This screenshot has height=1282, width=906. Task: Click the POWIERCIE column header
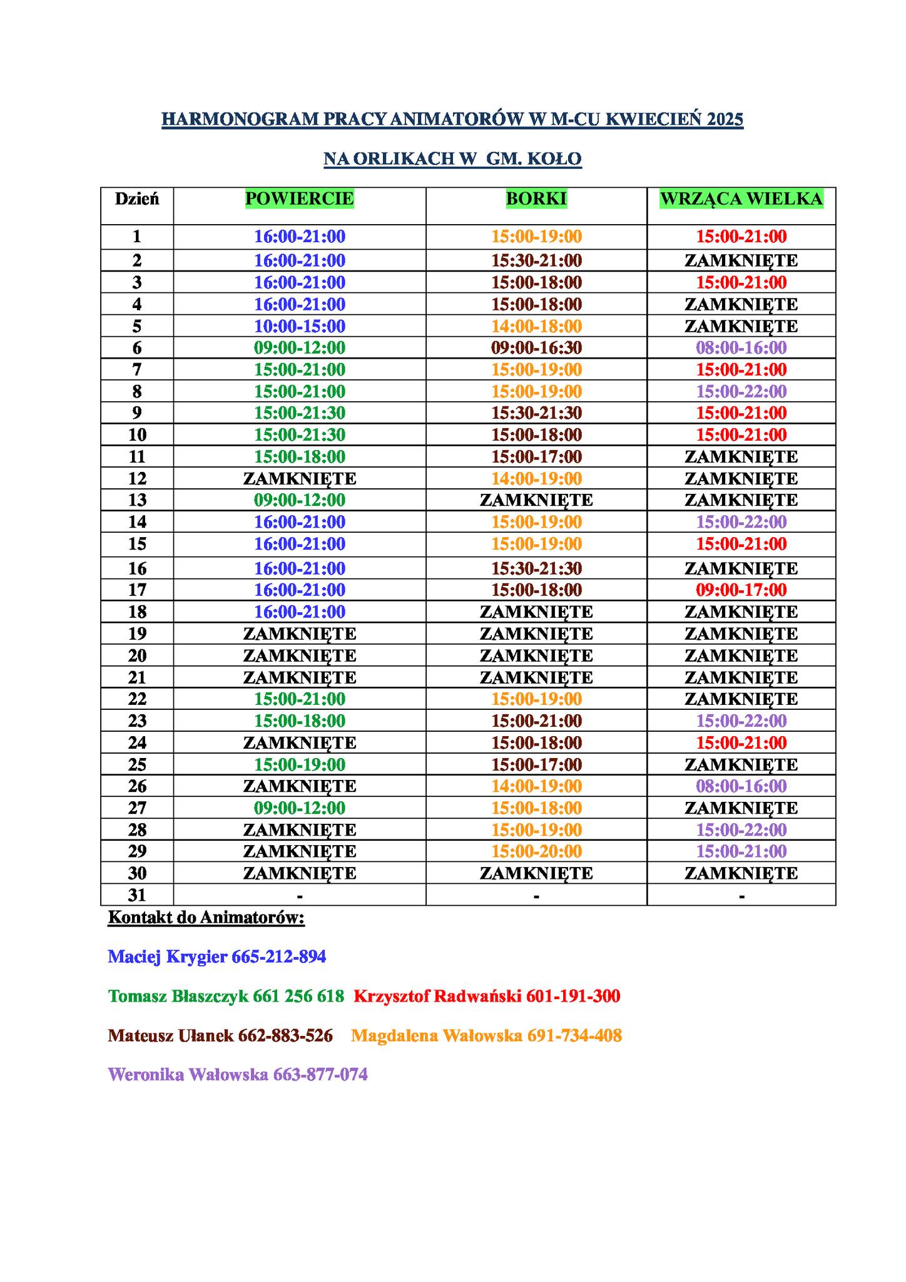point(299,198)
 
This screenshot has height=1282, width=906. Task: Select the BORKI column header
point(536,198)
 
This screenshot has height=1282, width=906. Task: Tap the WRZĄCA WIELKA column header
point(741,198)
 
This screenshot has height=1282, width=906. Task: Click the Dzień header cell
point(137,199)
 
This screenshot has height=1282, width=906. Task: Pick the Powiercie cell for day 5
point(299,326)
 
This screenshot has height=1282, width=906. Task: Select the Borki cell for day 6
point(536,347)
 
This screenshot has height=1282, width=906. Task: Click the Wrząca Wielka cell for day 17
point(741,590)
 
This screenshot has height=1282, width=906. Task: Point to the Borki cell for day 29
point(536,851)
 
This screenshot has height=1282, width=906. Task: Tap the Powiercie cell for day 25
point(299,764)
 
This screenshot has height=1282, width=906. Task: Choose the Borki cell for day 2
point(536,260)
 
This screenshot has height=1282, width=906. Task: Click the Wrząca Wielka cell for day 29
point(741,851)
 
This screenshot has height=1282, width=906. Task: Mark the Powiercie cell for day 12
point(299,478)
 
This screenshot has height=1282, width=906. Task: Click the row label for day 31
point(137,895)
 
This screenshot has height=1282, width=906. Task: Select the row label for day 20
point(137,655)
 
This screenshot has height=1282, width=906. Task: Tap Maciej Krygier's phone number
point(278,956)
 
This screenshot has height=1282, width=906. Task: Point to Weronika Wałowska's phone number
point(320,1075)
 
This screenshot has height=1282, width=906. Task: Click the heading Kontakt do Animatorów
point(206,918)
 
